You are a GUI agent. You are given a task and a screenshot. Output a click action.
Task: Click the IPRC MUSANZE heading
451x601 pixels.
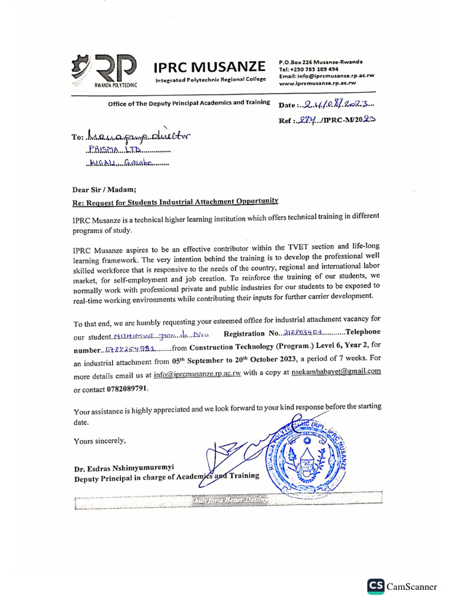click(210, 66)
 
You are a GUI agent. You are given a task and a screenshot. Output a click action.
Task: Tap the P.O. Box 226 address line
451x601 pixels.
click(321, 62)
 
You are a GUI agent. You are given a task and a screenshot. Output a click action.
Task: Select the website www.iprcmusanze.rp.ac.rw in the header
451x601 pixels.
click(317, 83)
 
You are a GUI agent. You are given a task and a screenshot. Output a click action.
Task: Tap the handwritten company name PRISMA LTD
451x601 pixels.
click(108, 150)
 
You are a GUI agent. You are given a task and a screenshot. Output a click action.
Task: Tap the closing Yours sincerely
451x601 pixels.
click(99, 440)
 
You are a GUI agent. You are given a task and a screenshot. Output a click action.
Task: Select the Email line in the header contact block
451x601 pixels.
click(327, 76)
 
